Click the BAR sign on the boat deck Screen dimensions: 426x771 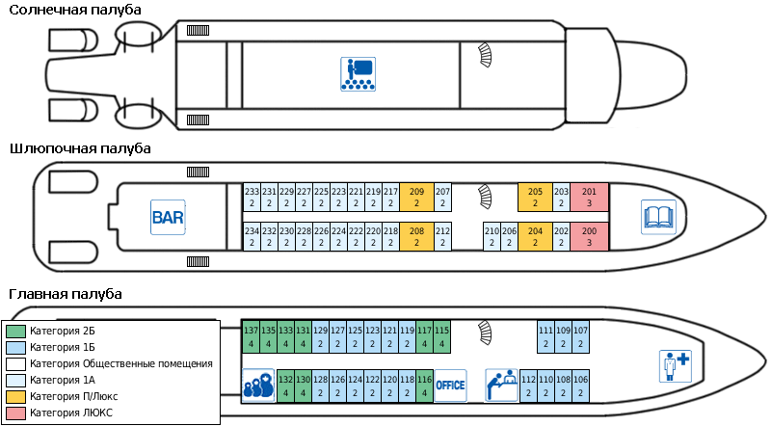[167, 217]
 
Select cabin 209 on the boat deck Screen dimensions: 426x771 [416, 198]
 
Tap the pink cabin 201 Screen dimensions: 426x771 [589, 198]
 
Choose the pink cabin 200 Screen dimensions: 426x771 [589, 237]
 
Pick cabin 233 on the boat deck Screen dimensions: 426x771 [251, 198]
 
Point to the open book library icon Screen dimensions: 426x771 [658, 217]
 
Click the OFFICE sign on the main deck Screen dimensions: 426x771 [450, 386]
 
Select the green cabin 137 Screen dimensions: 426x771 [251, 334]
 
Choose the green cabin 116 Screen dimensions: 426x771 [425, 386]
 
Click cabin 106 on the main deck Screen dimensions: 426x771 [580, 386]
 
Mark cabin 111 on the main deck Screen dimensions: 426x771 [545, 334]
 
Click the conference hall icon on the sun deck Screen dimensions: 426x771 [358, 74]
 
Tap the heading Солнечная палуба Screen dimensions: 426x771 [74, 10]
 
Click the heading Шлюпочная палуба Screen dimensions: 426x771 [80, 148]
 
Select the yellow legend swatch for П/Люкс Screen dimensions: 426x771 [15, 396]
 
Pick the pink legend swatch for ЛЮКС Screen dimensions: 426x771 [15, 413]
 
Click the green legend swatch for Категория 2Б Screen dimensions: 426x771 [15, 331]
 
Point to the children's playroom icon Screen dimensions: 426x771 [257, 386]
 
